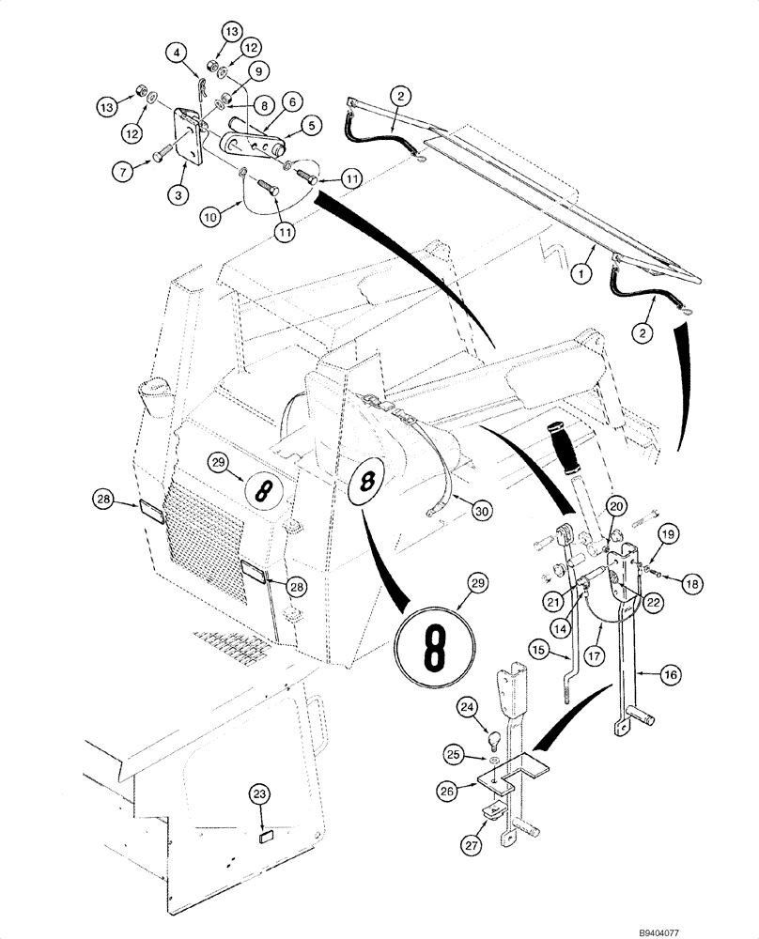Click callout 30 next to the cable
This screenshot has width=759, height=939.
coord(481,512)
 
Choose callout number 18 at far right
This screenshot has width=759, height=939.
coord(693,583)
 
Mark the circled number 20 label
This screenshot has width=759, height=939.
coord(615,506)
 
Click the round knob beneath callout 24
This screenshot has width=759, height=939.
coord(495,734)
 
